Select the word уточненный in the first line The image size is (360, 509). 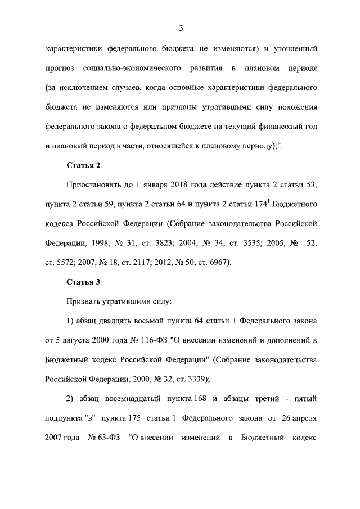click(296, 49)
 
